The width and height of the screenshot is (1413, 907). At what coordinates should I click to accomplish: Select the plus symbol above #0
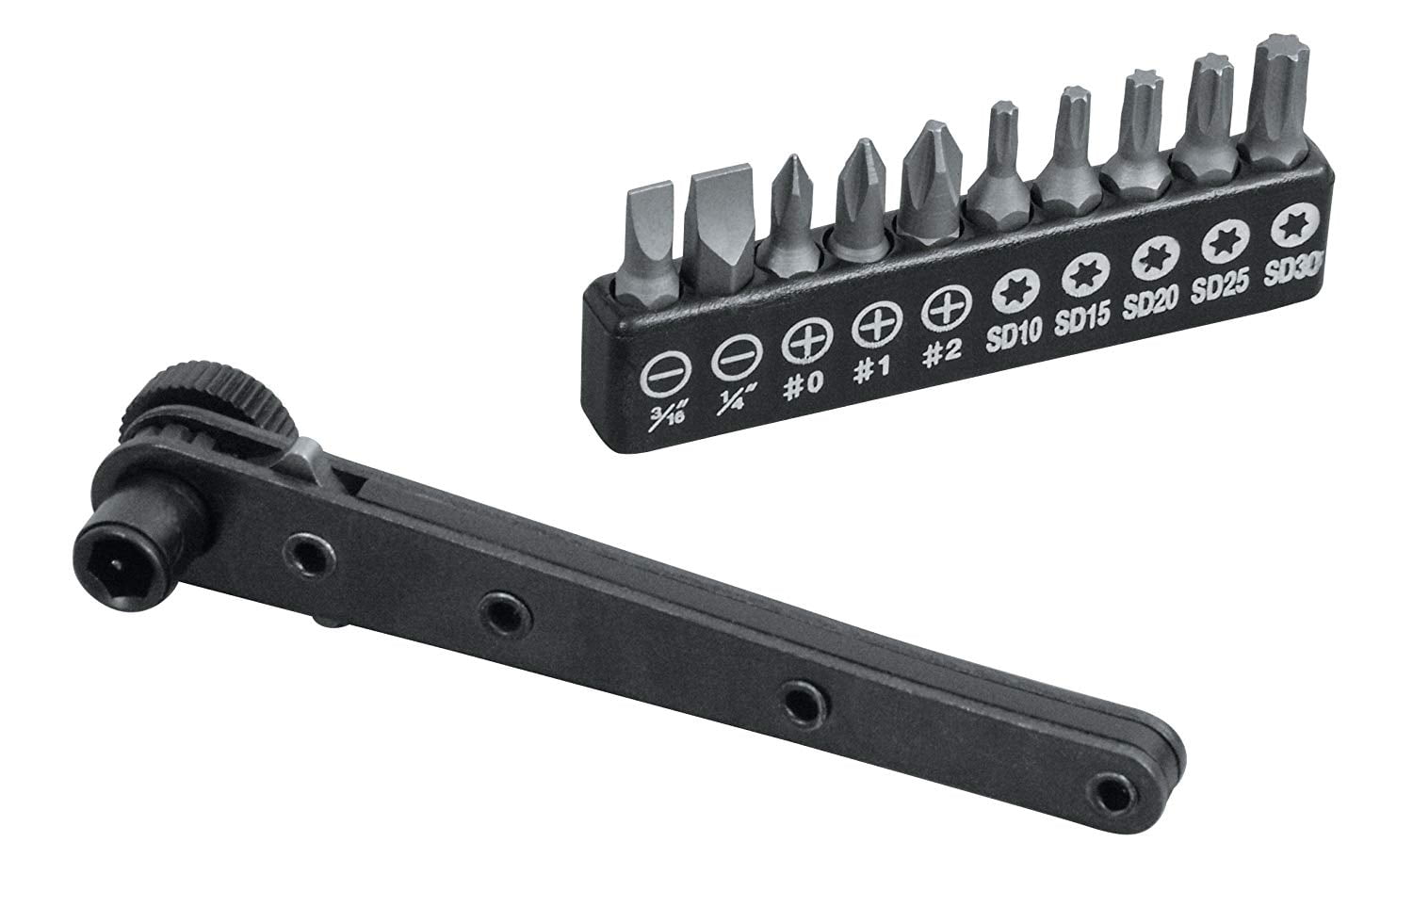click(x=802, y=344)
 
